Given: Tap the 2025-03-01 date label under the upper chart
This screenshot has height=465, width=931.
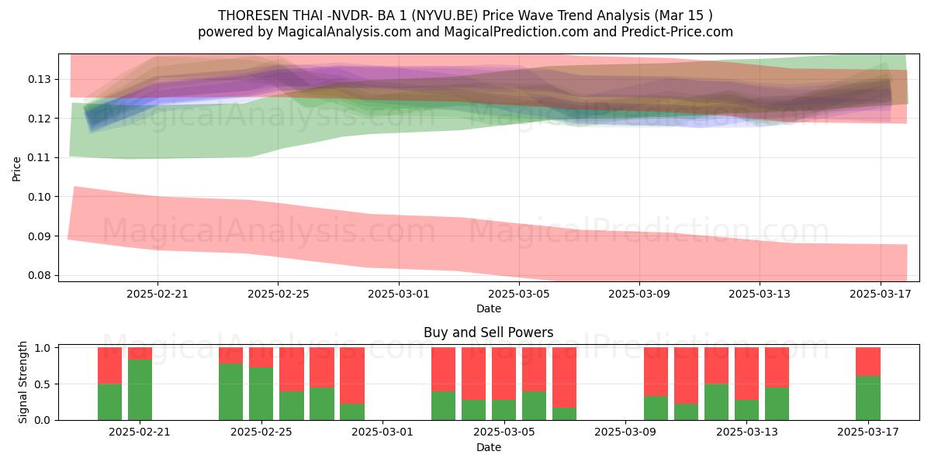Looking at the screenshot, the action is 399,294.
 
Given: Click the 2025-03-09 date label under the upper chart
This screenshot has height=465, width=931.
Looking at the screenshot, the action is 639,294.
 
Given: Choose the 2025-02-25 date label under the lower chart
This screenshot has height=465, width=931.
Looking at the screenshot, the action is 261,432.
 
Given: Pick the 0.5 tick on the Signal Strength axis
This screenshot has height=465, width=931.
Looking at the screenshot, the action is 43,384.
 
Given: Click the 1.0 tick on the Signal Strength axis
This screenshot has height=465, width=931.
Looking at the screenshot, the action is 43,348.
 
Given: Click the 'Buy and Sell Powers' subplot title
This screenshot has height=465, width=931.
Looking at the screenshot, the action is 488,332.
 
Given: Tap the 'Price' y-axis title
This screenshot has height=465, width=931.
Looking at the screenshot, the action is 16,169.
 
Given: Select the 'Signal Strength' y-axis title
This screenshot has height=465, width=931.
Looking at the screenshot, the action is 22,382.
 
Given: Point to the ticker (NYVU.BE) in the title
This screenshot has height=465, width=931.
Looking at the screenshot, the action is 445,15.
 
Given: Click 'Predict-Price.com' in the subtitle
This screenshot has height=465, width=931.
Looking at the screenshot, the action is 677,32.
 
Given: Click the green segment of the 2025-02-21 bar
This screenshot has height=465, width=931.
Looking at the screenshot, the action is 140,390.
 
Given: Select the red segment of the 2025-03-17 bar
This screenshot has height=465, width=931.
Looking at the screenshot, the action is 868,362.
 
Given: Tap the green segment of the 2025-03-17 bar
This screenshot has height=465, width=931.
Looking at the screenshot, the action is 868,398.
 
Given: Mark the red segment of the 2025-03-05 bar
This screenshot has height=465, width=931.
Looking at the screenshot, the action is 504,374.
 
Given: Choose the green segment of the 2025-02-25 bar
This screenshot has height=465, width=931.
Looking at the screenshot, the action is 261,394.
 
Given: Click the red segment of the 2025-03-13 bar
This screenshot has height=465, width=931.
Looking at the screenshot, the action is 746,374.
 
